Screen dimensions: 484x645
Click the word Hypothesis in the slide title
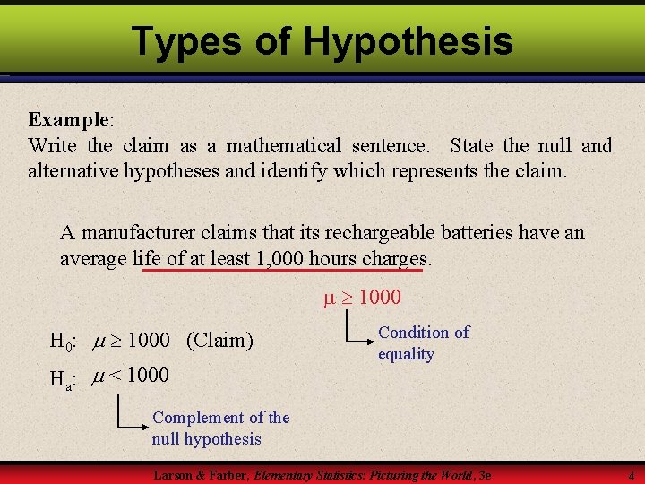click(408, 41)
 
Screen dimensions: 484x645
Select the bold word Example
click(68, 119)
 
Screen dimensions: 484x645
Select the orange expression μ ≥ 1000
click(362, 297)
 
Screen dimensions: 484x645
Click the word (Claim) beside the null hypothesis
click(219, 341)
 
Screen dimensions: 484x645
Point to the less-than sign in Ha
click(116, 375)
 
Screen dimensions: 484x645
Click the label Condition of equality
click(423, 342)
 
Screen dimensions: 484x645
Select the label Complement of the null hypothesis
click(219, 428)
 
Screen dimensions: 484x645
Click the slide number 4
click(631, 476)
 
